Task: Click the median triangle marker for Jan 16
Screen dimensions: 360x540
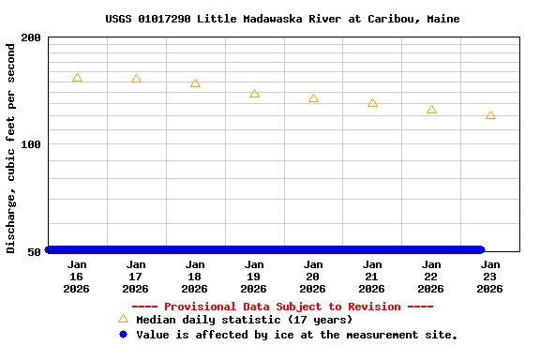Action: (x=77, y=78)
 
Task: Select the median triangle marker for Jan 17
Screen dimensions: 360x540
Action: (x=136, y=79)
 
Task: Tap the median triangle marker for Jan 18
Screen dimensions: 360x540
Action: (x=195, y=83)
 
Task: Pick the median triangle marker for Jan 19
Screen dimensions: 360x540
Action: (x=254, y=94)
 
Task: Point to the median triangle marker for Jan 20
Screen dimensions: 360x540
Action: (x=313, y=98)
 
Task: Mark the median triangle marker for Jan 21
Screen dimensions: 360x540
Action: (x=372, y=103)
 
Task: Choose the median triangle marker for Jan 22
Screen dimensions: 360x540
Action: (x=431, y=110)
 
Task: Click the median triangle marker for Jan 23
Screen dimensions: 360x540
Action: (x=490, y=115)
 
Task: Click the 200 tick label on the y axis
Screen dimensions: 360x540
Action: (x=31, y=37)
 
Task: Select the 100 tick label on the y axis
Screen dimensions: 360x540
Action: (x=31, y=144)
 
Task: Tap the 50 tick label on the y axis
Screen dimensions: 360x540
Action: (x=35, y=251)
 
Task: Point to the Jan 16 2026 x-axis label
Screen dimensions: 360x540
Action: (x=77, y=277)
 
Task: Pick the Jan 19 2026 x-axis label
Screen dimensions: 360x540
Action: (x=254, y=277)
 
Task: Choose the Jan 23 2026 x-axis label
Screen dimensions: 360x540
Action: (x=490, y=277)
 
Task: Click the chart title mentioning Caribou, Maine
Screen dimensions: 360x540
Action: (x=282, y=19)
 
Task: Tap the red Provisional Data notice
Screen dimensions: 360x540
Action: (x=282, y=307)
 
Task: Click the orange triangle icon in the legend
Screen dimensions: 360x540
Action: (x=123, y=319)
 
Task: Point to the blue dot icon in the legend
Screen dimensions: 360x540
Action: (x=123, y=334)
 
